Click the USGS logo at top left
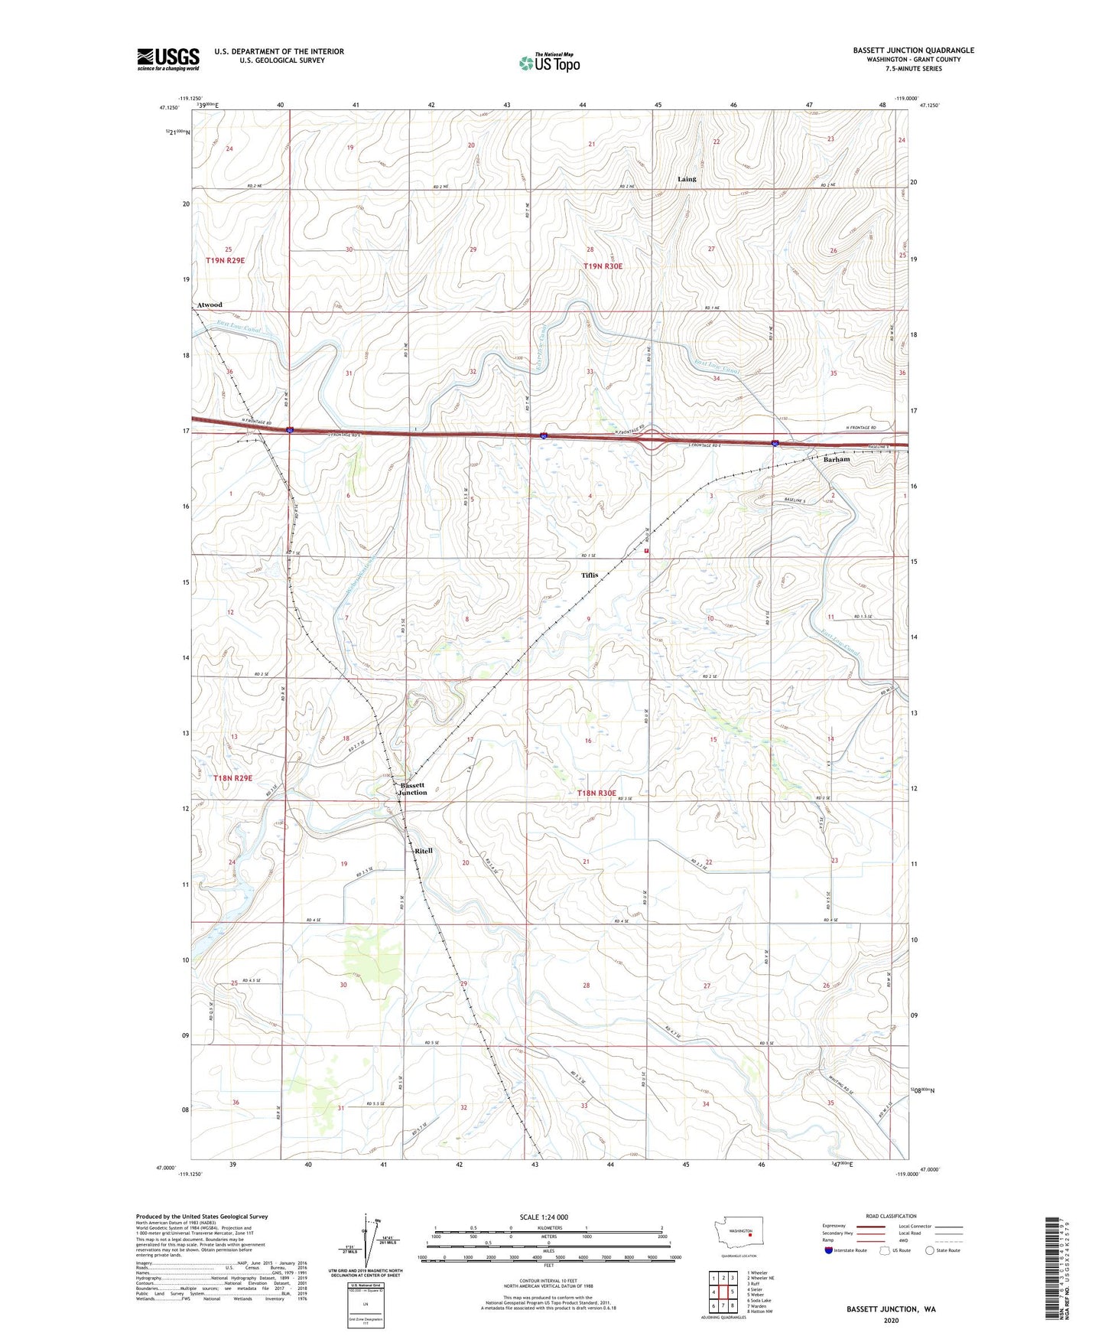pos(168,59)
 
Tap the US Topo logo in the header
pos(549,63)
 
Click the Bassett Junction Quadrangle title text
pos(913,51)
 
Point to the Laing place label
pos(687,179)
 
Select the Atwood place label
pos(210,305)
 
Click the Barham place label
pos(837,460)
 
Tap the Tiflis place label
pos(589,575)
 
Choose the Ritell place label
pos(423,851)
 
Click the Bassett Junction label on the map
pos(413,789)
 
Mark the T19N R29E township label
pos(225,261)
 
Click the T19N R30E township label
pos(603,266)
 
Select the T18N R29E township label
pos(232,778)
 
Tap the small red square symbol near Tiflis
pos(647,550)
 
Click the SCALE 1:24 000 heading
pos(544,1217)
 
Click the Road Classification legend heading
pos(891,1216)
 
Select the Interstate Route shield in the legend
pos(829,1250)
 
